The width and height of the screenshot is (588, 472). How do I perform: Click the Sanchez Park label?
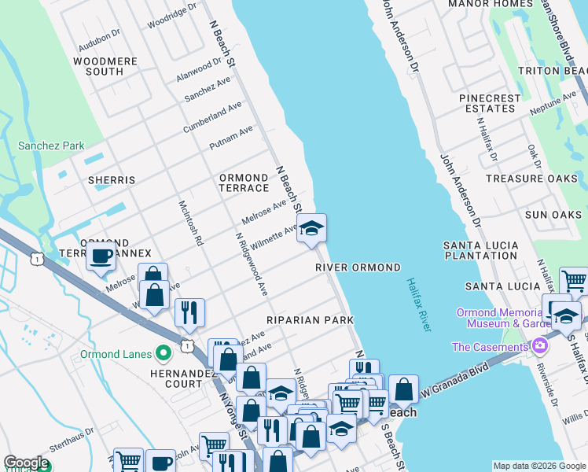[51, 146]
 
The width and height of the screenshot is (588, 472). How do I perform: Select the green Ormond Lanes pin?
[164, 354]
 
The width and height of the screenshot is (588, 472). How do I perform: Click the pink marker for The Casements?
[539, 346]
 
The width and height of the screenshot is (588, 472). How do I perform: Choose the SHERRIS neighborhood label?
[112, 180]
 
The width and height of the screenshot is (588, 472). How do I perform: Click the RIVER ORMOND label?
[358, 267]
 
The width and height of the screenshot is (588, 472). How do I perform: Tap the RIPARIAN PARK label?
[309, 320]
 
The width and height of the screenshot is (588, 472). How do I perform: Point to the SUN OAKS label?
[553, 215]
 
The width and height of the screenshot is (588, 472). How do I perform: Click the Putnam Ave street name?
[231, 138]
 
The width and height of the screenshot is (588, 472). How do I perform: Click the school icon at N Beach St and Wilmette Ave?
[311, 229]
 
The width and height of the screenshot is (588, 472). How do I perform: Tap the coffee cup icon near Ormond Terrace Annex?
[101, 256]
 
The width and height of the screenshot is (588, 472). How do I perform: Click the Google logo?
[26, 463]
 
